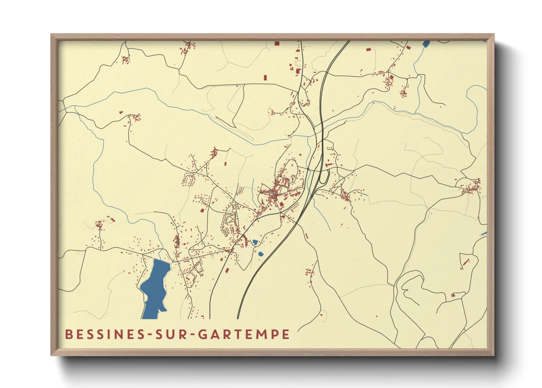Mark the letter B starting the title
point(68,334)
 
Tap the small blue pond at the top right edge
point(426,44)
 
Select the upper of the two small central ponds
point(255,242)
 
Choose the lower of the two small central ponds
point(261,254)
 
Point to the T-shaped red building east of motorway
point(328,165)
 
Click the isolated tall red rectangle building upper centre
point(266,77)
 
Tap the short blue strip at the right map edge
point(484,234)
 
